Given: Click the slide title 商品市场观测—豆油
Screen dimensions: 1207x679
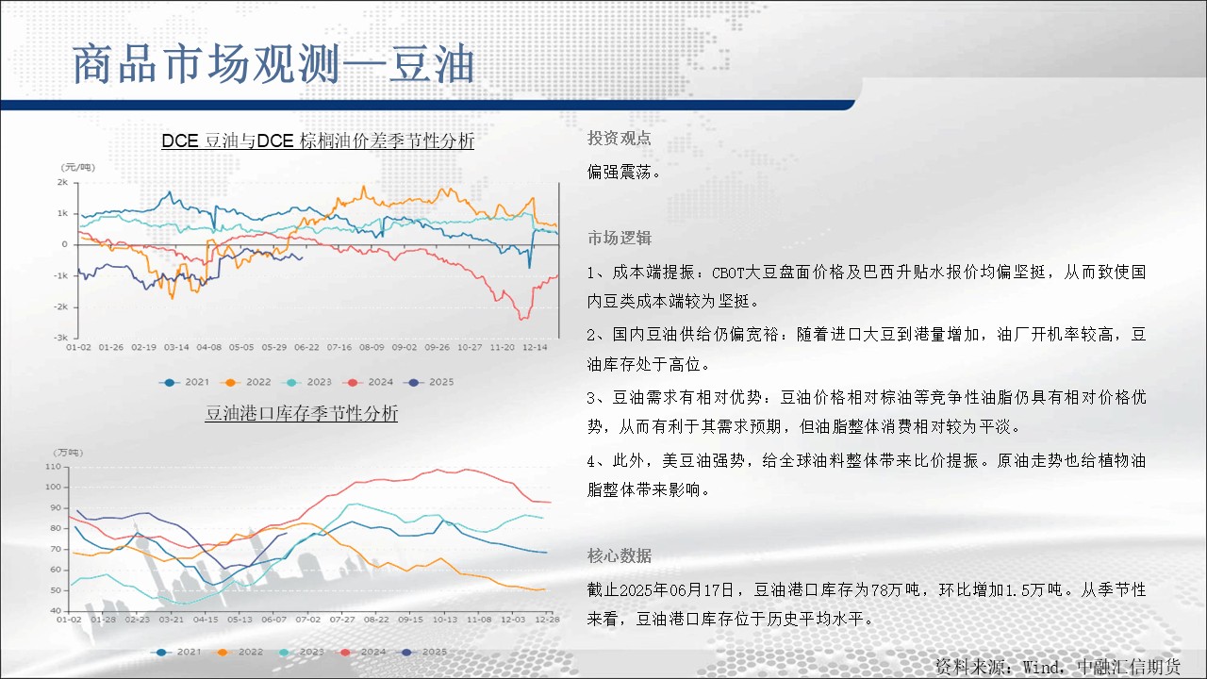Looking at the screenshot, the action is point(273,64).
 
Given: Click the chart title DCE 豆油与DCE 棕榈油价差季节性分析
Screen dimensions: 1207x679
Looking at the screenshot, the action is point(318,141).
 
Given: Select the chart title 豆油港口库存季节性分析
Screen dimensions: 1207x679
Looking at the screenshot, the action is point(301,413).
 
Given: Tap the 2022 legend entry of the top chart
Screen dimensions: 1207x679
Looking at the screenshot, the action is point(246,382).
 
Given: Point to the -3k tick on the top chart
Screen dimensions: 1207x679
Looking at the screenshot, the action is point(61,338).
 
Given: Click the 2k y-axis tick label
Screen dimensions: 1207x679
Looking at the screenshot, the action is point(63,182).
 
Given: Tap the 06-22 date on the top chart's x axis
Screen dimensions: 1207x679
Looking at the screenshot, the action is point(306,348).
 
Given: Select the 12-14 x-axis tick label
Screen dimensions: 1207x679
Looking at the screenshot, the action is point(535,348).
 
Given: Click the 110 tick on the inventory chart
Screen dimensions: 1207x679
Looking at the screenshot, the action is point(54,467).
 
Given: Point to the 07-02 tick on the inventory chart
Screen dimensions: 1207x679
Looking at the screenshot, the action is point(307,620).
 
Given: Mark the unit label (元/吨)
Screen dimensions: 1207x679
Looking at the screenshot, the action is point(78,168).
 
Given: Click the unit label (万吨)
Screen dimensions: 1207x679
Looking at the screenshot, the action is point(68,453).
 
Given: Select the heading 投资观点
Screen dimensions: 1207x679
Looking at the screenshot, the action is point(620,139).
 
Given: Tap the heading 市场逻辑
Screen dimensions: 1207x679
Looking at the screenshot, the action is point(620,238).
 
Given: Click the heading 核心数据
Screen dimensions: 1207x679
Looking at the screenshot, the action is point(620,555).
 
